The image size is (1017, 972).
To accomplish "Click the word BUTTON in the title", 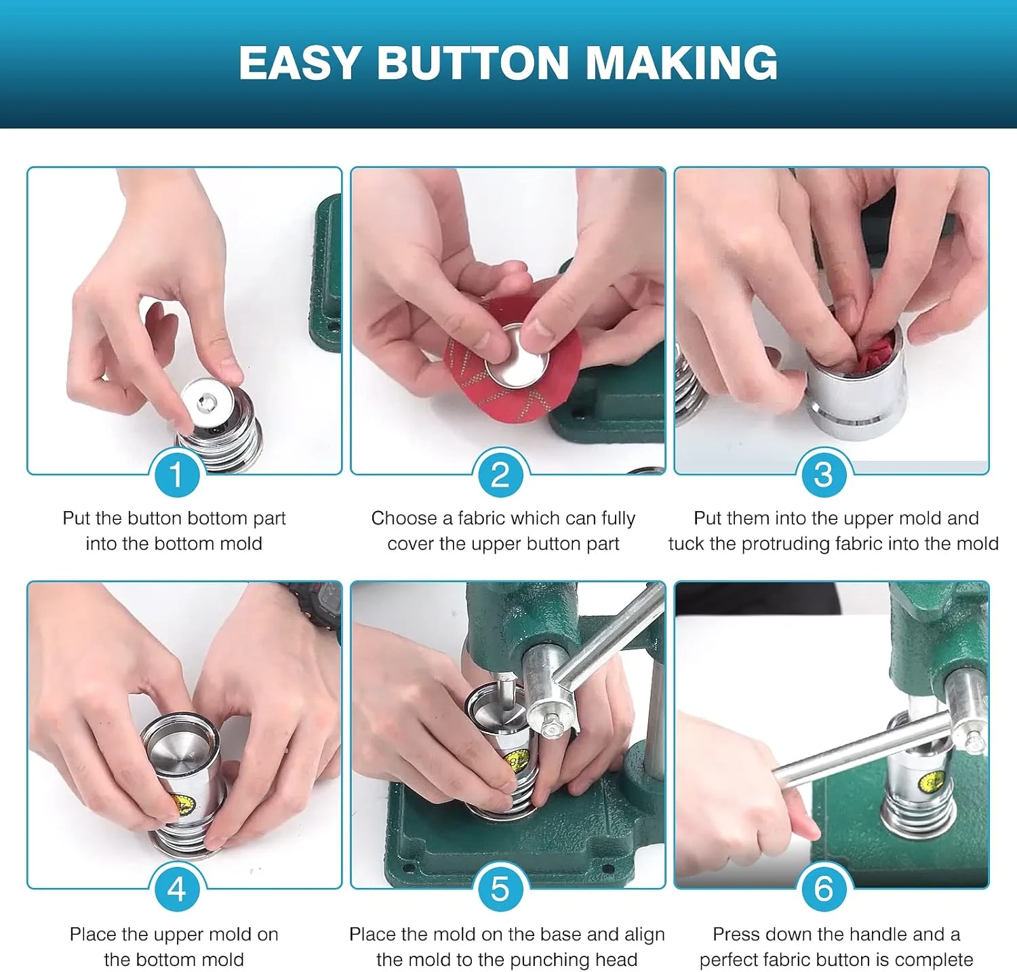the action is click(x=472, y=63).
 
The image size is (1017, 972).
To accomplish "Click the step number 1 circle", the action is click(x=176, y=474).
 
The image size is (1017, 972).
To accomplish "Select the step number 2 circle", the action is click(x=500, y=474).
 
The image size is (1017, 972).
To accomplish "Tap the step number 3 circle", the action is click(x=823, y=474).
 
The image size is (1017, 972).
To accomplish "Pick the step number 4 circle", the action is click(x=176, y=889).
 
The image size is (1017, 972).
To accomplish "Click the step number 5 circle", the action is click(x=500, y=889).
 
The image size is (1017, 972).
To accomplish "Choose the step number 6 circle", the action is click(x=823, y=889).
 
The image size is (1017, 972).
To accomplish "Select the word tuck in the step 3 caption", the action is click(x=686, y=544).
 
